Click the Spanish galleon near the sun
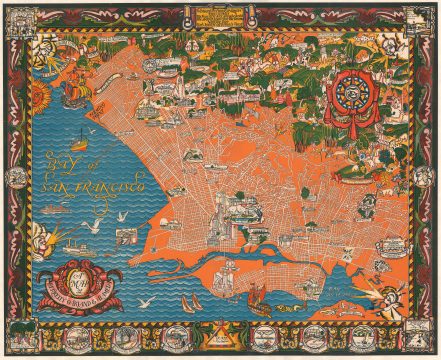click(77, 93)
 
